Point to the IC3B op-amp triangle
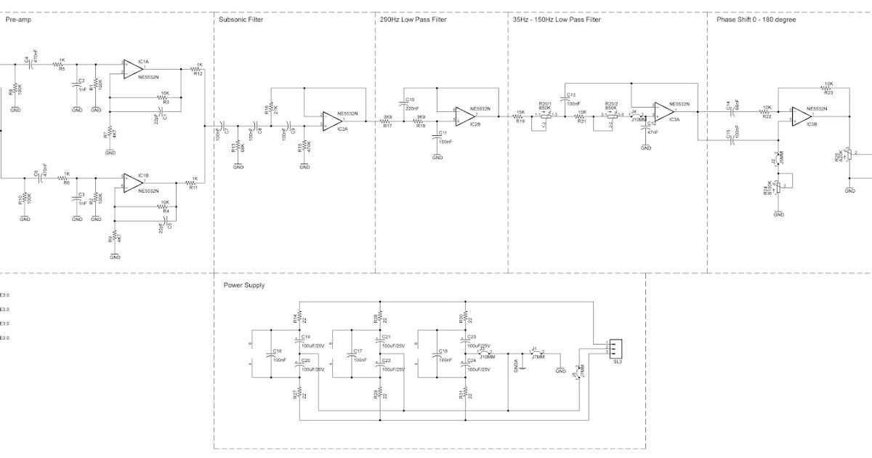coord(802,115)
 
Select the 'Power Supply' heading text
coord(243,285)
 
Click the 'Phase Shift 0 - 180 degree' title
coord(756,20)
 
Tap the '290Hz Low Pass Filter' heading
coord(413,20)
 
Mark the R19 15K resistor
coord(520,116)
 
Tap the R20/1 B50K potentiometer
coord(546,115)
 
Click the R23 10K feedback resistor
coord(828,88)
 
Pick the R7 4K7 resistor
coord(110,133)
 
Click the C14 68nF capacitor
coord(732,111)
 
